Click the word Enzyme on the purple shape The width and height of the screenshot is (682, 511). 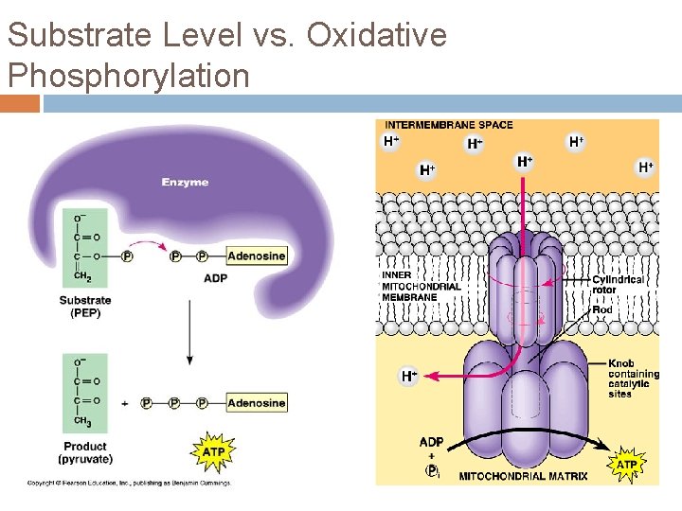tap(185, 182)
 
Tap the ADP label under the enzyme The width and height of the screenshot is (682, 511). tap(215, 278)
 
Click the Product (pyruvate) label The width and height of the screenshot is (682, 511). tap(85, 452)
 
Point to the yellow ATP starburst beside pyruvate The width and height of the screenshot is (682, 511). tap(213, 452)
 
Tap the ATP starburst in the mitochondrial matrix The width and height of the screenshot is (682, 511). tap(626, 465)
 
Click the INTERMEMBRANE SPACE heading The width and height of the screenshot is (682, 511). tap(449, 125)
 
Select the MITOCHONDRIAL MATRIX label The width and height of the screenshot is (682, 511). tap(523, 476)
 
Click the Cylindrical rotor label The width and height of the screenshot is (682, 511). tap(617, 284)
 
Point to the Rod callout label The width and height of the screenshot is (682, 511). tap(601, 309)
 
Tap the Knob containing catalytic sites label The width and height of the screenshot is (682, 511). tap(634, 379)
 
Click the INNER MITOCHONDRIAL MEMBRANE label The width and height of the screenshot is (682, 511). tap(422, 286)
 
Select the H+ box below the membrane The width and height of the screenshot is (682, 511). tap(408, 376)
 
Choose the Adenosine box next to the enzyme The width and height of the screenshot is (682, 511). tap(256, 255)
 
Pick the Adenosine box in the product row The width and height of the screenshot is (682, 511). tap(256, 402)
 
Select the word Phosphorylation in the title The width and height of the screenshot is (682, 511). tap(128, 74)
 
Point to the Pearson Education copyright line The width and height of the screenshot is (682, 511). tap(128, 483)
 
